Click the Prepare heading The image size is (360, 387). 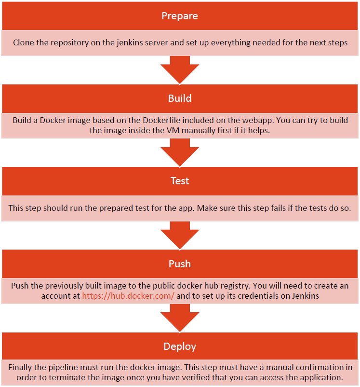[180, 16]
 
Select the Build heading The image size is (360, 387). [180, 98]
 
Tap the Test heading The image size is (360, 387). [180, 181]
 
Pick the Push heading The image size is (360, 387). [180, 264]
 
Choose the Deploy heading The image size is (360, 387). [180, 346]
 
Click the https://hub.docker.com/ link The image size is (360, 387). [128, 296]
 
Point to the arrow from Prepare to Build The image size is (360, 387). [180, 69]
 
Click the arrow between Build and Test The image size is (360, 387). [180, 152]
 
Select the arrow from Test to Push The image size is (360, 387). [180, 235]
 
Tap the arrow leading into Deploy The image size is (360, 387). [180, 318]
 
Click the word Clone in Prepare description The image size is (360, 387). [25, 42]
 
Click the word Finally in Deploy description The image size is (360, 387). [22, 367]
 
